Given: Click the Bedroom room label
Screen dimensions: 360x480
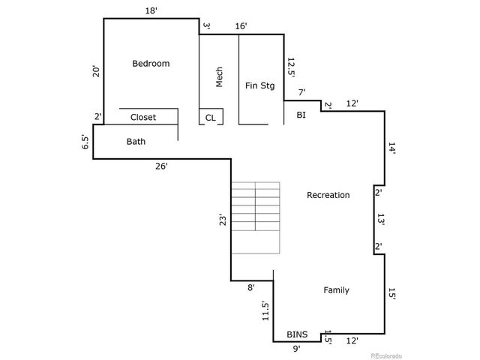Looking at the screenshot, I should [x=151, y=64].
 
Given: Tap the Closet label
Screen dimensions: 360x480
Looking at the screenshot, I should [x=143, y=118].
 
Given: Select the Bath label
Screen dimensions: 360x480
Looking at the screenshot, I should [x=136, y=141].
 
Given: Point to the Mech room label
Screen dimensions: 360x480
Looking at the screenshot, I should [x=220, y=78].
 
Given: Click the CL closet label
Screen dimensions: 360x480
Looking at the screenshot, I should [x=210, y=118].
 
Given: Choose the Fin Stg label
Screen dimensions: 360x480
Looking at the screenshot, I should [x=260, y=85].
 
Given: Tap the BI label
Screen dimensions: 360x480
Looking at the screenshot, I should [x=301, y=115].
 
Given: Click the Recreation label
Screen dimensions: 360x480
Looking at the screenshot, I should [x=328, y=195].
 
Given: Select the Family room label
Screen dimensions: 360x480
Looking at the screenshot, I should [x=336, y=290].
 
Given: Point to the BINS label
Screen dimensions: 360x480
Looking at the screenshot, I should [x=297, y=334].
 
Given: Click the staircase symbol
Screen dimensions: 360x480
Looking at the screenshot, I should [x=255, y=217].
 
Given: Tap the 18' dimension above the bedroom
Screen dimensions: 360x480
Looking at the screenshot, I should [x=151, y=11].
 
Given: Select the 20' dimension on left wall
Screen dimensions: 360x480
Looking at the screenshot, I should [x=95, y=72].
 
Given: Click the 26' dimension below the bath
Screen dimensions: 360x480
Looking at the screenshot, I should [x=161, y=166].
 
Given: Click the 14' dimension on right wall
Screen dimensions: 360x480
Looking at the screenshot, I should [x=391, y=148].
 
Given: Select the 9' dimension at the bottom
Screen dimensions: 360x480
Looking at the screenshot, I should [x=296, y=348].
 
